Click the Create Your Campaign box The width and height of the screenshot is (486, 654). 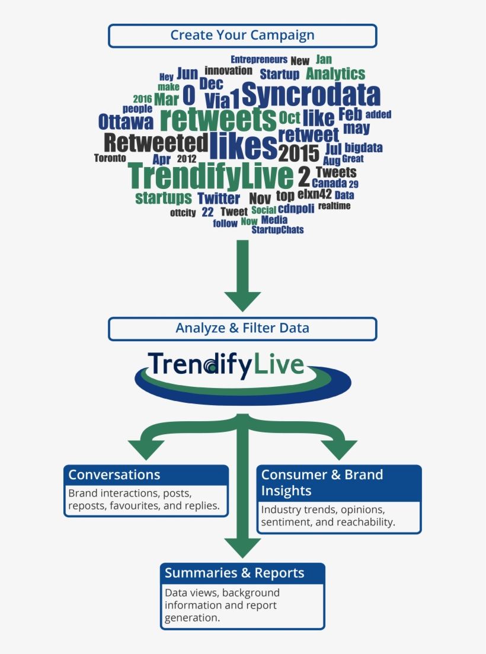[x=242, y=36]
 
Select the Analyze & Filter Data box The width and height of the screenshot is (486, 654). [x=242, y=329]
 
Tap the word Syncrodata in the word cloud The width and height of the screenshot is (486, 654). [x=311, y=94]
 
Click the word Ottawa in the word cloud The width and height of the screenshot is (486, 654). [x=126, y=122]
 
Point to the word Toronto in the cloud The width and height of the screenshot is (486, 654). [x=110, y=158]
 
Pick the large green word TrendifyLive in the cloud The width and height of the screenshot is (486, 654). [x=210, y=175]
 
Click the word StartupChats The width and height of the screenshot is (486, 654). [x=277, y=230]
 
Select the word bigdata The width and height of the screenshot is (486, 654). [x=363, y=148]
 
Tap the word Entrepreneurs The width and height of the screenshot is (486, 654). [x=259, y=60]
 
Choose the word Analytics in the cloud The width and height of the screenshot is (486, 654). [x=335, y=74]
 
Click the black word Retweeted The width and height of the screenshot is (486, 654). [x=156, y=143]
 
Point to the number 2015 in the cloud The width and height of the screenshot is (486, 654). [x=299, y=153]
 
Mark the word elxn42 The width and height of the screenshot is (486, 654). [x=315, y=194]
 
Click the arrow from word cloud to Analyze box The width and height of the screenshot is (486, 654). [x=242, y=275]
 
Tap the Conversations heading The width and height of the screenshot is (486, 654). [x=114, y=475]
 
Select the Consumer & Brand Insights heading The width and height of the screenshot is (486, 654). [x=322, y=483]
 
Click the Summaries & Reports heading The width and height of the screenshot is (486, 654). [x=235, y=573]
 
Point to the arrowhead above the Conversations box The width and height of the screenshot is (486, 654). [x=146, y=450]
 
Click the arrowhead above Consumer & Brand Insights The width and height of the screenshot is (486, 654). [x=339, y=450]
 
